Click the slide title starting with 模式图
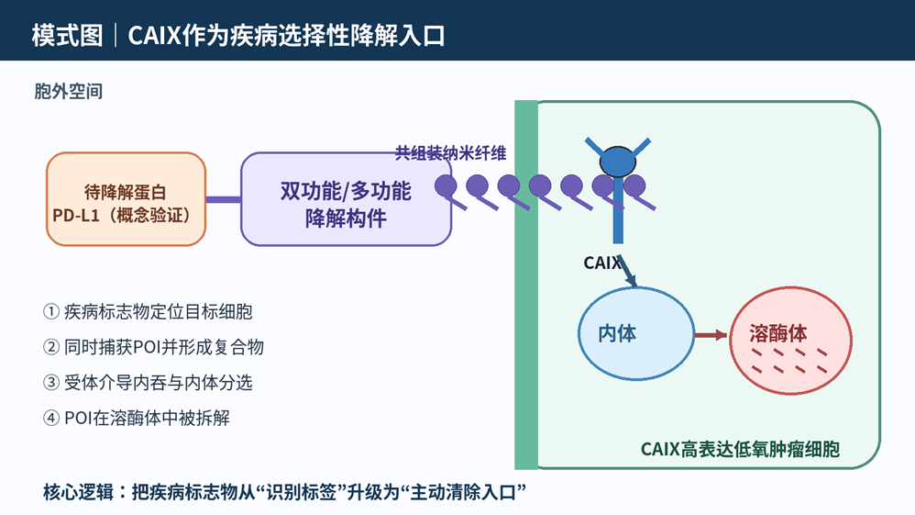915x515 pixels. pyautogui.click(x=238, y=35)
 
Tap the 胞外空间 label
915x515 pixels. pyautogui.click(x=68, y=91)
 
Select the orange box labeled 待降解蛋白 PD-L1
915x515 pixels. pyautogui.click(x=126, y=199)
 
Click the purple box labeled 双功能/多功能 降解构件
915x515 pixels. pyautogui.click(x=346, y=199)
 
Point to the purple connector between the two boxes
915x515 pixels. pyautogui.click(x=224, y=199)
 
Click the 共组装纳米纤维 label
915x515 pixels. pyautogui.click(x=450, y=153)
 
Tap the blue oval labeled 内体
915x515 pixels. pyautogui.click(x=636, y=333)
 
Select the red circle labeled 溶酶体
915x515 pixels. pyautogui.click(x=790, y=341)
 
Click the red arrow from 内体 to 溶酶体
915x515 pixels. pyautogui.click(x=711, y=335)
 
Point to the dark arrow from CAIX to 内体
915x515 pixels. pyautogui.click(x=627, y=271)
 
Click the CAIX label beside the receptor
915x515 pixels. pyautogui.click(x=602, y=263)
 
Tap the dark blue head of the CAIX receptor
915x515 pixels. pyautogui.click(x=618, y=162)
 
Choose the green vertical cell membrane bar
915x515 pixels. pyautogui.click(x=525, y=285)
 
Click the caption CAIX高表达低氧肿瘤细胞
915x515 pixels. pyautogui.click(x=740, y=449)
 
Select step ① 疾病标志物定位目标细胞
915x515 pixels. pyautogui.click(x=148, y=311)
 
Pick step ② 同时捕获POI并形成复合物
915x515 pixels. pyautogui.click(x=153, y=347)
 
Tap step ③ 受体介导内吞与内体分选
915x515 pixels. pyautogui.click(x=148, y=383)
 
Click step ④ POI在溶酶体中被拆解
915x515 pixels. pyautogui.click(x=137, y=418)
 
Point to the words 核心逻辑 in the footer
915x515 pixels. pyautogui.click(x=78, y=492)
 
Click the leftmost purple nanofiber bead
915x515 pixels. pyautogui.click(x=446, y=185)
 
